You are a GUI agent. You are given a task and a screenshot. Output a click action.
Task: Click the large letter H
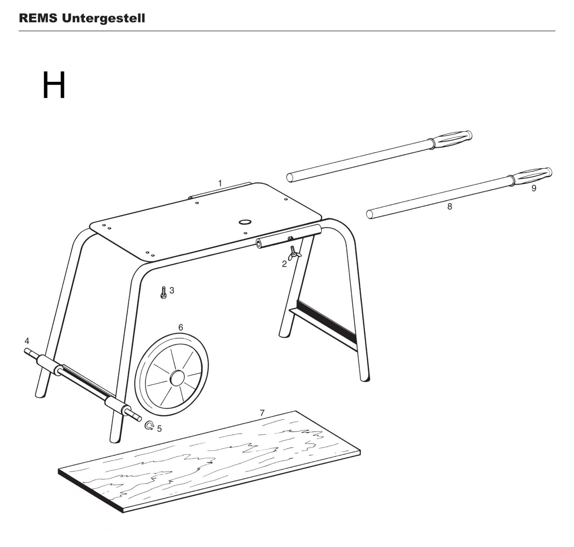tap(54, 85)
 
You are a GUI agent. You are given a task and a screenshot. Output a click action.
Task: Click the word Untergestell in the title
tap(104, 18)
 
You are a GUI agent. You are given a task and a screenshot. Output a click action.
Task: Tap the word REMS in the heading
tap(38, 18)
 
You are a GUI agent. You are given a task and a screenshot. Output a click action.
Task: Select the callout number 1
tap(220, 183)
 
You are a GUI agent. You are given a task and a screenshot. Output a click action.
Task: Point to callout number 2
tap(284, 264)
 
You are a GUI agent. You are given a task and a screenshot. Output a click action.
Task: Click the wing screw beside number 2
tap(295, 252)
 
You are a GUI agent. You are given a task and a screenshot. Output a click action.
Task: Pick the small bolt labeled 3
tap(164, 292)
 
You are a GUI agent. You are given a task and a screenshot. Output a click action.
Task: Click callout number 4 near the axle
tap(27, 341)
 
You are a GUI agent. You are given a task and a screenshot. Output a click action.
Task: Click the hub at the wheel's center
tap(177, 378)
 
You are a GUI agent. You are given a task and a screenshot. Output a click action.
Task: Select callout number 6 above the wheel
tap(180, 327)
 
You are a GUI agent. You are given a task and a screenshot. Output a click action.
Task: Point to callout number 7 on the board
tap(262, 413)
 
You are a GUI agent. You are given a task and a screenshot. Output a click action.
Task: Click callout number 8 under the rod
tap(450, 207)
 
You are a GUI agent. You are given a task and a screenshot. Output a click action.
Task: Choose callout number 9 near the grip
tap(533, 188)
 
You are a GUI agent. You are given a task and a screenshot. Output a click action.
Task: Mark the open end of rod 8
tap(370, 214)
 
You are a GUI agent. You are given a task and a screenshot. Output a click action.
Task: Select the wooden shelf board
tap(209, 461)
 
